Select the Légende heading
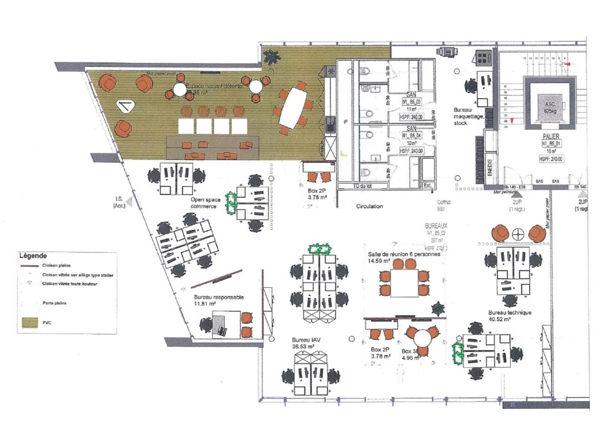[33, 256]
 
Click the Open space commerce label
[203, 203]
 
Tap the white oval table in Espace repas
[292, 106]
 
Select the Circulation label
[369, 206]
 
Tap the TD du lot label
[363, 186]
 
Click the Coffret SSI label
[444, 205]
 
